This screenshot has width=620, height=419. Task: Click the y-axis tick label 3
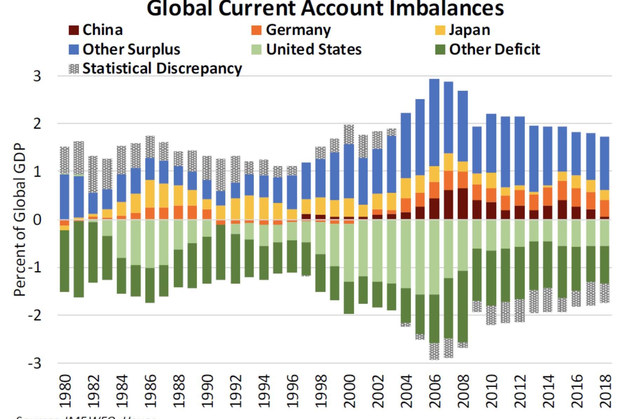(37, 76)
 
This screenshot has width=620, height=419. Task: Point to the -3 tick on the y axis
(34, 363)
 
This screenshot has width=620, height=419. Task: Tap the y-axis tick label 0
(37, 220)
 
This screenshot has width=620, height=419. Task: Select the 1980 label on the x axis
(65, 391)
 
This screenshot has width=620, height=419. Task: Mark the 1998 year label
(321, 391)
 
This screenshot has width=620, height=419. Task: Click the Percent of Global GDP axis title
(20, 220)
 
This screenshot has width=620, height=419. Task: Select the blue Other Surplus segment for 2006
(434, 123)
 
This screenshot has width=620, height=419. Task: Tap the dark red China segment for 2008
(463, 204)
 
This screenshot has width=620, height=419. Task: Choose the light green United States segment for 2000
(349, 253)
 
